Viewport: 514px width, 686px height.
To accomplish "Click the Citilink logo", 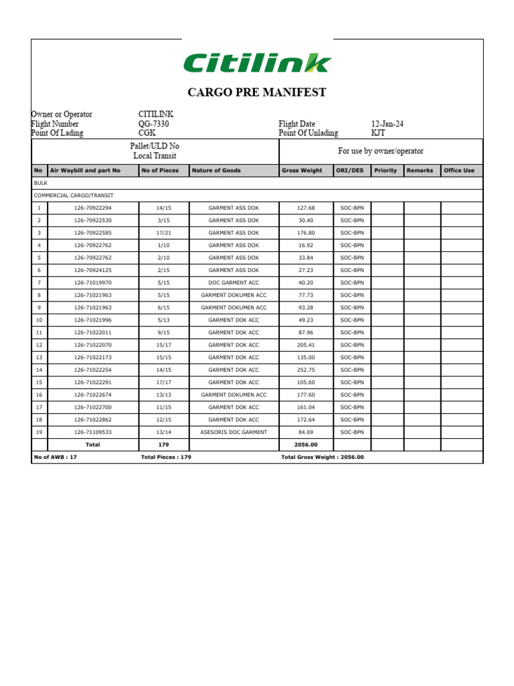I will click(x=257, y=63).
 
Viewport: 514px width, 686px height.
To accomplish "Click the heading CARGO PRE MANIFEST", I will click(x=257, y=92).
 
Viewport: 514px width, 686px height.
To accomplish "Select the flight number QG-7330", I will click(x=154, y=124).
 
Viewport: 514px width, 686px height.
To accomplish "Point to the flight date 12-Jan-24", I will click(x=388, y=124).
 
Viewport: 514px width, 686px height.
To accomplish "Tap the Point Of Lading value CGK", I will click(x=147, y=133).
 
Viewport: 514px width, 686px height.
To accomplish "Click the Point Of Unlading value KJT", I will click(x=379, y=133).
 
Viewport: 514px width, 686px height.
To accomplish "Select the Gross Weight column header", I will click(x=302, y=171).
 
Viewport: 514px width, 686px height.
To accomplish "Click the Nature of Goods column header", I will click(x=216, y=171).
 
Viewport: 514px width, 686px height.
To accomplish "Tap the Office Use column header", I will click(x=459, y=171).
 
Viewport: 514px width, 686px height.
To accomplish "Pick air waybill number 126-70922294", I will click(x=93, y=208).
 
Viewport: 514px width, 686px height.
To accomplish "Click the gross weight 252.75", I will click(x=305, y=370).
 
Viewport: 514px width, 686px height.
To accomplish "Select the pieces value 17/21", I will click(x=163, y=233).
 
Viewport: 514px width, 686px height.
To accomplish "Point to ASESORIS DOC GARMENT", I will click(x=234, y=432).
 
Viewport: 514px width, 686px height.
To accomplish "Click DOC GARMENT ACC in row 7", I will click(x=234, y=283).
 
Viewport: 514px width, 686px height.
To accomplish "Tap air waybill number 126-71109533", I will click(x=93, y=432).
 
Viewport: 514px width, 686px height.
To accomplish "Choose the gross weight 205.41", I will click(x=305, y=345).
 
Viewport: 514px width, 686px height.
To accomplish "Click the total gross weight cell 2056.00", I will click(x=305, y=444).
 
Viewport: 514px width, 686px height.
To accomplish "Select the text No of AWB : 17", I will click(x=56, y=457).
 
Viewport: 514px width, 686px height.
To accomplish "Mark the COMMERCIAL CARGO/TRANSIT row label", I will click(x=74, y=196).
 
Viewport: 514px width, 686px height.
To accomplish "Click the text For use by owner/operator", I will click(x=380, y=151).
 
